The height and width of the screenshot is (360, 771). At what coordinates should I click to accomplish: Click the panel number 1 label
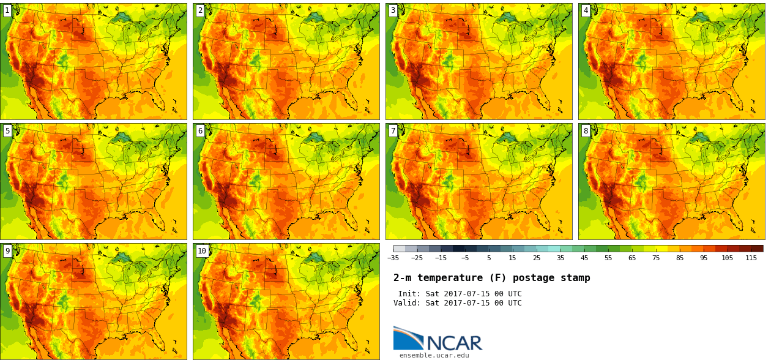(x=7, y=10)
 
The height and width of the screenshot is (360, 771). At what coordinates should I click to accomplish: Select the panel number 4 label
(x=586, y=10)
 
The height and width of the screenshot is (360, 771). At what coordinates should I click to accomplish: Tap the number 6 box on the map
(x=200, y=130)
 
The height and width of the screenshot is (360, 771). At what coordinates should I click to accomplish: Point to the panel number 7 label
(x=393, y=130)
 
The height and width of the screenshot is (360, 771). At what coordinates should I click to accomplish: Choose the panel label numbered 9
(x=7, y=250)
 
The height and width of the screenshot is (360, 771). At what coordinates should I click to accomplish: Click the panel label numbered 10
(x=202, y=250)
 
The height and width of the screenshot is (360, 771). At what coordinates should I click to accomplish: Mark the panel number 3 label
(x=393, y=10)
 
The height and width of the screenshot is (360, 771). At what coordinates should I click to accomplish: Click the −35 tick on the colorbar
(x=393, y=258)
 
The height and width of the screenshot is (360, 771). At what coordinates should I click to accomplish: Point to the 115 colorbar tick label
(x=751, y=258)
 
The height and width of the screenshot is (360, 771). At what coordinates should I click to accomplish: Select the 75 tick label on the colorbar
(x=656, y=258)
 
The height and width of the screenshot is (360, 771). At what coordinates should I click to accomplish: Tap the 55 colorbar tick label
(x=608, y=258)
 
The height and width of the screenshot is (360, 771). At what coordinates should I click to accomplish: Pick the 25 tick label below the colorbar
(x=537, y=258)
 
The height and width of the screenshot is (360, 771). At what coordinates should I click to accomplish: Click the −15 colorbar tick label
(x=441, y=258)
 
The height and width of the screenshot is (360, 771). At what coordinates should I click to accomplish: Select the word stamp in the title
(x=577, y=278)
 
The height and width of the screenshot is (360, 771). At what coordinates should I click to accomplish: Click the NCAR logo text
(x=454, y=343)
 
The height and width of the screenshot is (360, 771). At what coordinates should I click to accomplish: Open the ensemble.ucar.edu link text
(x=434, y=355)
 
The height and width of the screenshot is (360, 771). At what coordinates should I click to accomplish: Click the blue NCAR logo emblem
(x=408, y=338)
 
